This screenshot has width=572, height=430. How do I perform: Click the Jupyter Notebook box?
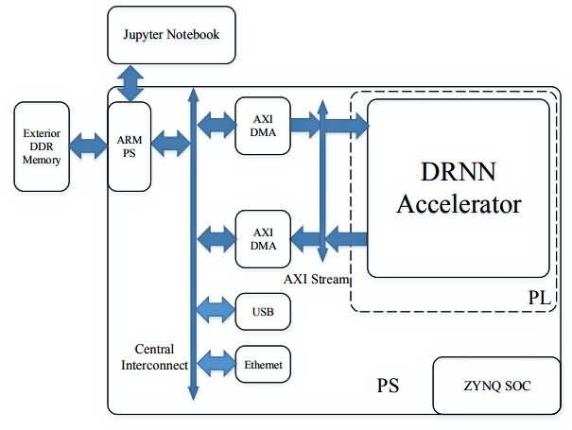coord(171,35)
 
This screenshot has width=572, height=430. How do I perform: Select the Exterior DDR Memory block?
coord(42,146)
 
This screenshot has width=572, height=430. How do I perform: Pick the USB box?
coord(262,311)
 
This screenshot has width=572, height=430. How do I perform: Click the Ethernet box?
coord(262,364)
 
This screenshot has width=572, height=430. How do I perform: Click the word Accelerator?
coord(459,204)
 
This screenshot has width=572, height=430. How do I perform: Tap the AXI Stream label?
coord(317,280)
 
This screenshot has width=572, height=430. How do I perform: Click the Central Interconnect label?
coord(154,357)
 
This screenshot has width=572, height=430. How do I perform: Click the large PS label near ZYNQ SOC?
coord(388,386)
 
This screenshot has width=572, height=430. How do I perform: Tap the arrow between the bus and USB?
coord(215,308)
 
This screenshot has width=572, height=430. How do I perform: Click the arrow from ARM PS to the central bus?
coord(170,146)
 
